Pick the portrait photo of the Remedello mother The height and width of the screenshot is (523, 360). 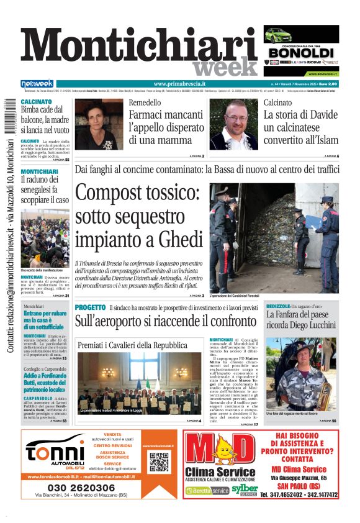point(99,124)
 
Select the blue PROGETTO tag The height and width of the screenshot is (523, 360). point(91,307)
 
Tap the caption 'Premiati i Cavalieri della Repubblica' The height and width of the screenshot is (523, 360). point(132,345)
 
